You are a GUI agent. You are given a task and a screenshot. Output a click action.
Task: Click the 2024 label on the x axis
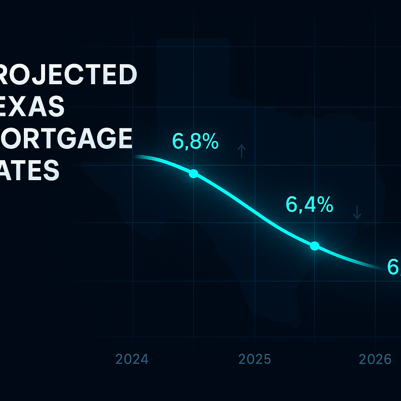pos(132,359)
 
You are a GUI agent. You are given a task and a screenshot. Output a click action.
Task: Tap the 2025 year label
pos(255,359)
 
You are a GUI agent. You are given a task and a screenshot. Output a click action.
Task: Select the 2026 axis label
pos(376,359)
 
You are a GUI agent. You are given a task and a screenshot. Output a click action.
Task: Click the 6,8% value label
pos(195,142)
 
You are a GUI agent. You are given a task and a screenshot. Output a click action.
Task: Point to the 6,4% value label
pos(309,204)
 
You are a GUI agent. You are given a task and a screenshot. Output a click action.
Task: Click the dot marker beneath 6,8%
pos(193,174)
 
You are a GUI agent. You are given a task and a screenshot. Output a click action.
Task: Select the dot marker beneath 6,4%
pos(314,246)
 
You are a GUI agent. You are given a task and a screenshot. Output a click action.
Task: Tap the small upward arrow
pos(242,151)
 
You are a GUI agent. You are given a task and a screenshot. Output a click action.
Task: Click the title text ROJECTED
pos(69,75)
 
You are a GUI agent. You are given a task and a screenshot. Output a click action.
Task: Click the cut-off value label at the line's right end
pos(394,267)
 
